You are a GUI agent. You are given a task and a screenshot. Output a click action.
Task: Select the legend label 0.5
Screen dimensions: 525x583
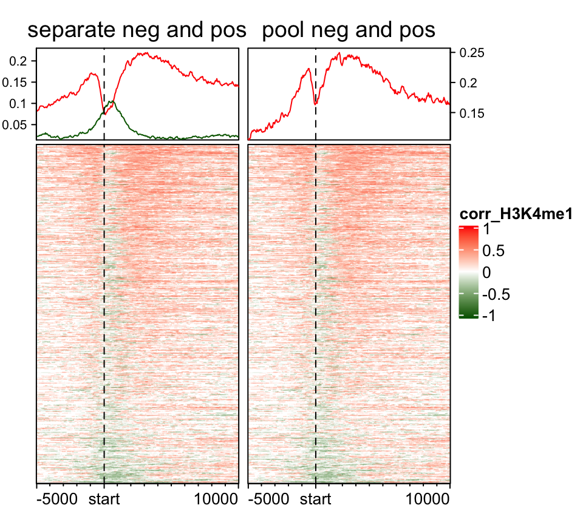[493, 251]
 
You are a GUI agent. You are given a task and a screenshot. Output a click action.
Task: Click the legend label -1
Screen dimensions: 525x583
[488, 315]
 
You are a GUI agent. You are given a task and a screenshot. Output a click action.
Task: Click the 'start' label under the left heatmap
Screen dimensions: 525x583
[104, 501]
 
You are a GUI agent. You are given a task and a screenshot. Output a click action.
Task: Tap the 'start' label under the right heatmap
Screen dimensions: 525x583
[316, 501]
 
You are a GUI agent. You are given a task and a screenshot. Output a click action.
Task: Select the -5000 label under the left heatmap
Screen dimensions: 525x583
[58, 501]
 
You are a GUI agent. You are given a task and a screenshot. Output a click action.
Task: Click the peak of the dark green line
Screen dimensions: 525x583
[112, 101]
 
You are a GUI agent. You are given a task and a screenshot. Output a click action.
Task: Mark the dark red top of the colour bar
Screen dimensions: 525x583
[468, 228]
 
